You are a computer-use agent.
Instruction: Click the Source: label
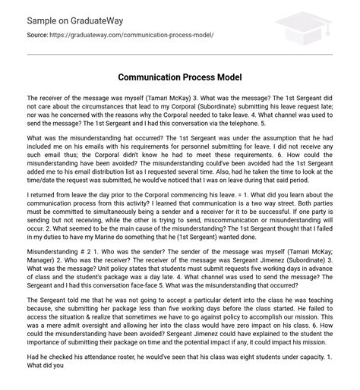pos(38,35)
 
